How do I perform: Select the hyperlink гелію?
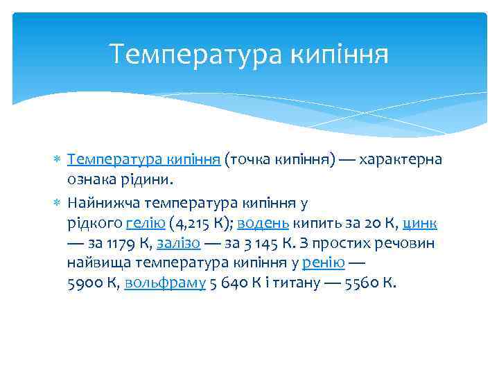coord(146,223)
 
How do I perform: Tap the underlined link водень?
coord(263,223)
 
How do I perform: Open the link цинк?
coord(419,223)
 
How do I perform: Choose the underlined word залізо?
coord(179,243)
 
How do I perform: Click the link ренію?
coord(324,263)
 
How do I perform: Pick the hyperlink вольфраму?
coord(165,283)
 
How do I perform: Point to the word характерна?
coord(402,161)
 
